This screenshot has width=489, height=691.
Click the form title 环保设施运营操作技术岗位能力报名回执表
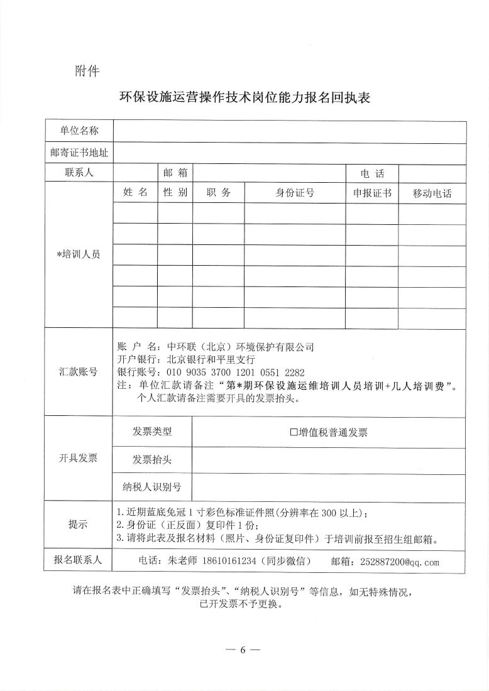click(245, 99)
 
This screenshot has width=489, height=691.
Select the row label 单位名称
click(79, 131)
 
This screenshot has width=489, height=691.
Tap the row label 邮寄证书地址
click(79, 152)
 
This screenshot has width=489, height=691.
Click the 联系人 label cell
click(79, 173)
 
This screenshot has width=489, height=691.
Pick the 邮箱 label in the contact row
click(175, 173)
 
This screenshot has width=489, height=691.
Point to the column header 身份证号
click(294, 193)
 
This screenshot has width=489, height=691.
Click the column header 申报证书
click(371, 193)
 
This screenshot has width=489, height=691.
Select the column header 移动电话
click(432, 193)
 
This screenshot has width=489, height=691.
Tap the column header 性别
click(175, 193)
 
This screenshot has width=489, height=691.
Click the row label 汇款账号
click(79, 371)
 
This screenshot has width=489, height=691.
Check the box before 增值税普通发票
click(294, 432)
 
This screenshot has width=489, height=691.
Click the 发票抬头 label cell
click(151, 459)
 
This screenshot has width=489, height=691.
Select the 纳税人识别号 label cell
click(151, 487)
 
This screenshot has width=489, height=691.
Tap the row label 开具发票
click(79, 458)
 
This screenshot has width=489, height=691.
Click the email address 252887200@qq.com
click(399, 562)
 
